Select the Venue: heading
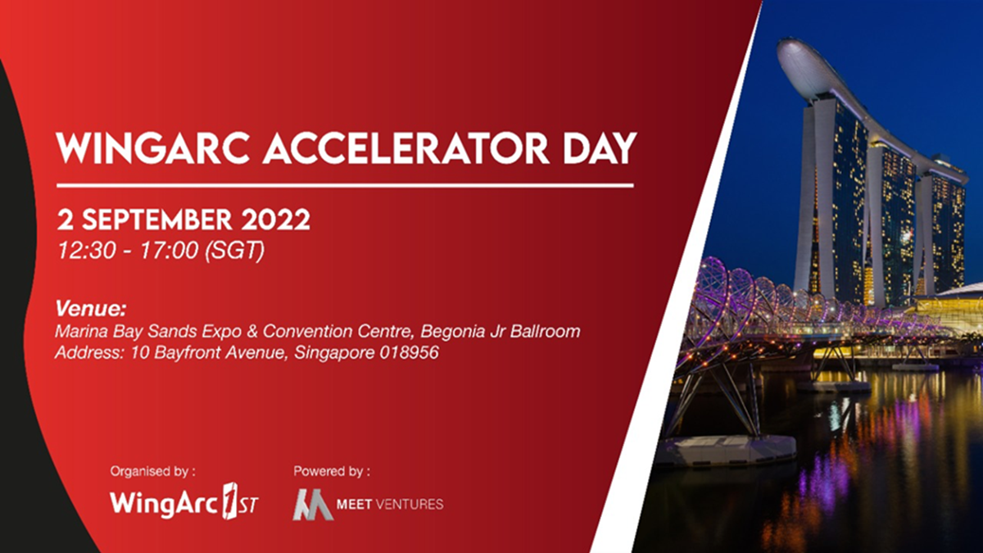91,309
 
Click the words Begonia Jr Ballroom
508,332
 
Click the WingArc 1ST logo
184,502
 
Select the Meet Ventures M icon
312,504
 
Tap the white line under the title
344,186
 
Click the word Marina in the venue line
79,332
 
